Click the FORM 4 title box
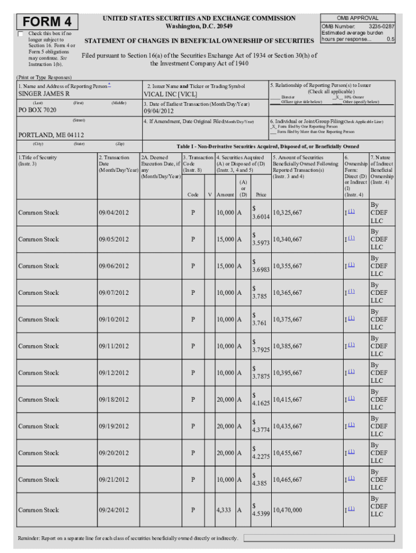point(48,22)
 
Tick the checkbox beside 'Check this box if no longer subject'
point(21,34)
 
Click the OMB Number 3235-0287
point(358,26)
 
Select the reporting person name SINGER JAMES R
point(44,93)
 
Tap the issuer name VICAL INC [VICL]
point(170,93)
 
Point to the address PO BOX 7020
point(37,110)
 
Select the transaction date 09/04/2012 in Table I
point(113,213)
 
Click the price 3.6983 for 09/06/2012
point(261,269)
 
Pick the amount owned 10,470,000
point(287,510)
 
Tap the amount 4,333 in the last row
point(224,510)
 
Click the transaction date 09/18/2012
point(113,400)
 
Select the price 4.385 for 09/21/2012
point(259,483)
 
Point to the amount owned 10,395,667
point(287,373)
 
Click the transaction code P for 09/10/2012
point(193,320)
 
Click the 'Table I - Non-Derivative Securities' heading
point(267,146)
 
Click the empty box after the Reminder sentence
point(319,538)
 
